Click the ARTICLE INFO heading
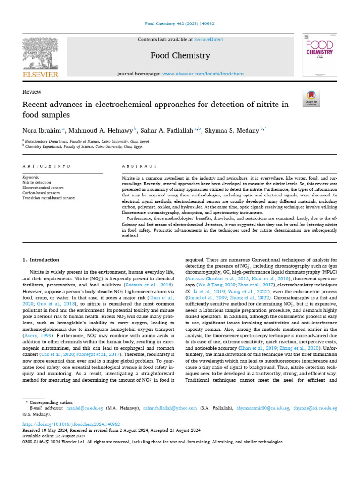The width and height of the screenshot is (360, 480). click(46, 166)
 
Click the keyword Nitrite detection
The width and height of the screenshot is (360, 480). click(37, 182)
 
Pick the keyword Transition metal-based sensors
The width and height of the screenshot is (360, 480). click(49, 198)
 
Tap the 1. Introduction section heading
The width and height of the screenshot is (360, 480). click(41, 260)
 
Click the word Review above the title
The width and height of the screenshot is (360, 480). click(32, 92)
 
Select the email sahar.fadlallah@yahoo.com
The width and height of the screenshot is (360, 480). click(171, 408)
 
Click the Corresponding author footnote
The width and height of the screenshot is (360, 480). click(51, 402)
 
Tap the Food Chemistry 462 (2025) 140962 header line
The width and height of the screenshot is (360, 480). click(180, 23)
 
